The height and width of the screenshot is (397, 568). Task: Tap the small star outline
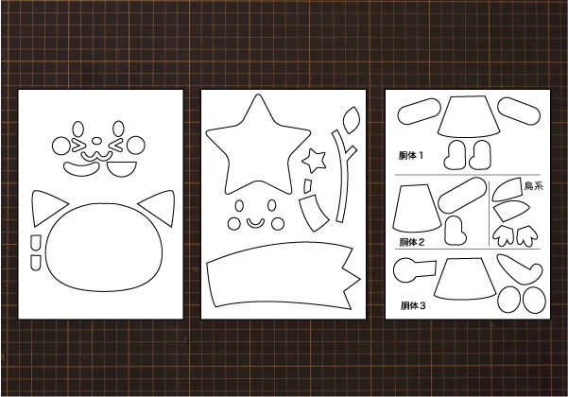(x=314, y=161)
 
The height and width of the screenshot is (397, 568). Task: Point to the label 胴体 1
(x=411, y=156)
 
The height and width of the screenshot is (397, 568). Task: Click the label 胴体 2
(x=411, y=242)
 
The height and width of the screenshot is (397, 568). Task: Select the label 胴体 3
(x=413, y=305)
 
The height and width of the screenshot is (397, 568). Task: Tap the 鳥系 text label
(x=534, y=186)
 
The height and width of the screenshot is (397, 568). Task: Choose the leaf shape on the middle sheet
(x=352, y=120)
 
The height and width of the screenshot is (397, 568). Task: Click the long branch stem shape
(x=342, y=178)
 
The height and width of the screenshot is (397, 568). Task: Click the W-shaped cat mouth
(x=96, y=157)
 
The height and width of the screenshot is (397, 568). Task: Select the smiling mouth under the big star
(x=255, y=223)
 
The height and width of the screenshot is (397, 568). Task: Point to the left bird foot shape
(x=504, y=236)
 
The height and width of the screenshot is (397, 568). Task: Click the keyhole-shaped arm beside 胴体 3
(x=413, y=270)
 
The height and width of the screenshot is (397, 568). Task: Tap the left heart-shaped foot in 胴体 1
(x=456, y=155)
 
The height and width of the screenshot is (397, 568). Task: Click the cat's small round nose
(x=96, y=141)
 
